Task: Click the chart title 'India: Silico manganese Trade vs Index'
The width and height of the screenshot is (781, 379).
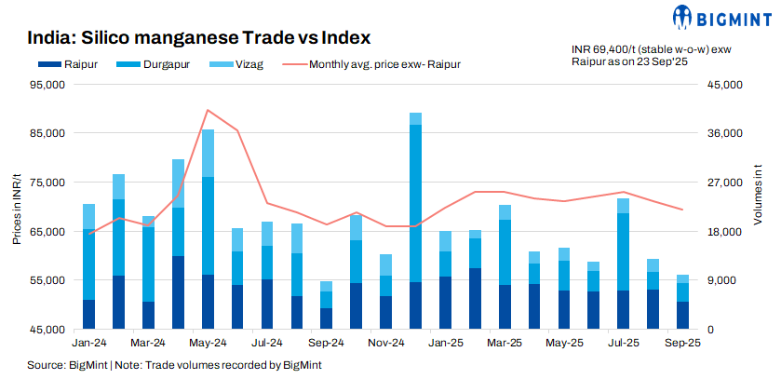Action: [199, 38]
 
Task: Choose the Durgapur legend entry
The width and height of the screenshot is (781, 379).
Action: [148, 64]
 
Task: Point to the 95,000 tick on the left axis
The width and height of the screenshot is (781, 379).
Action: [46, 85]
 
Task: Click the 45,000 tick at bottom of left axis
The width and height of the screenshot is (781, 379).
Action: [46, 329]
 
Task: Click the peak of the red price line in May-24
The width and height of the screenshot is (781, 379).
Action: [208, 110]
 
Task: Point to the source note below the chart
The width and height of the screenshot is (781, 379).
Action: [174, 365]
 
